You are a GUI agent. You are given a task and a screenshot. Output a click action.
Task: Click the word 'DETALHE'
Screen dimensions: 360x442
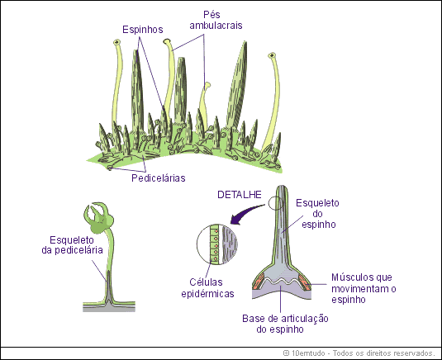pyautogui.click(x=239, y=195)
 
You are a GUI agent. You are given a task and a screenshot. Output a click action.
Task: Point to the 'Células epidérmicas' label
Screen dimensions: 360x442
pyautogui.click(x=207, y=288)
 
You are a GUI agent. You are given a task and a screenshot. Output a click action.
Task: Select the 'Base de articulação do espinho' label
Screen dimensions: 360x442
pyautogui.click(x=286, y=324)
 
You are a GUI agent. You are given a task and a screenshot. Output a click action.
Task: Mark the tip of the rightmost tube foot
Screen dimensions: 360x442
pyautogui.click(x=273, y=58)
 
